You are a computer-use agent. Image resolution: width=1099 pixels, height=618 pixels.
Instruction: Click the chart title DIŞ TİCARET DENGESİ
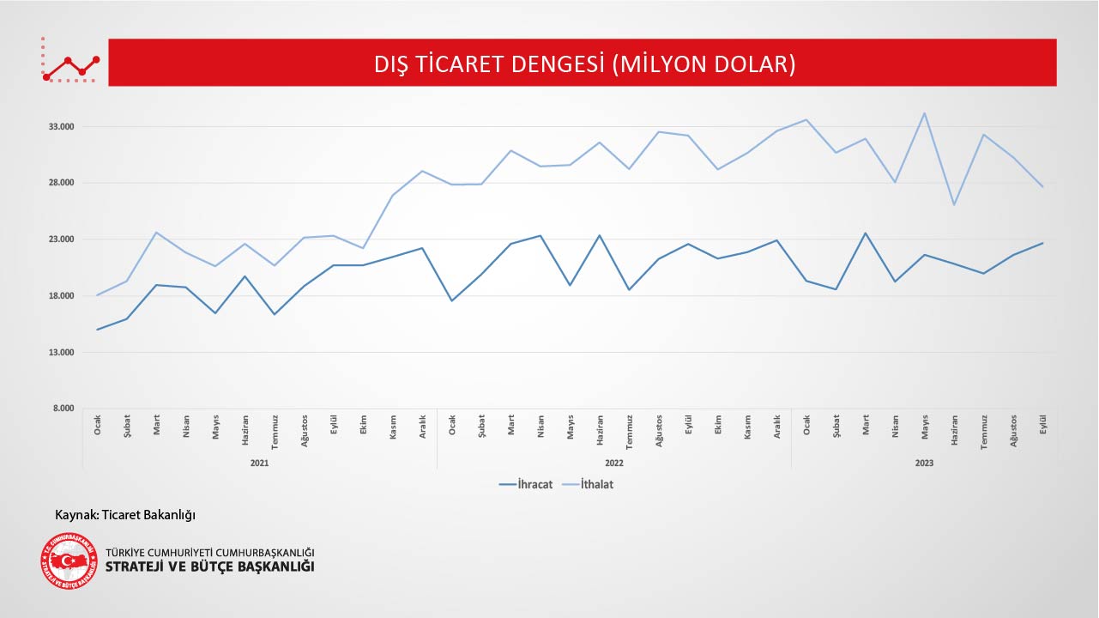coord(584,64)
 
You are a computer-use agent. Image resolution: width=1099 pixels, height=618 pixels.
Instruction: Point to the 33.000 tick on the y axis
coord(61,126)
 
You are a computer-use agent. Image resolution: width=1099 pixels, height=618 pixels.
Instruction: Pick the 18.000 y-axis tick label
coord(61,296)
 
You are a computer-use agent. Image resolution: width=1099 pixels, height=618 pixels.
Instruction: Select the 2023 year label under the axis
coord(924,463)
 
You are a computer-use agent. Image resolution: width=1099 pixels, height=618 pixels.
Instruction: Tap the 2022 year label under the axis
coord(614,463)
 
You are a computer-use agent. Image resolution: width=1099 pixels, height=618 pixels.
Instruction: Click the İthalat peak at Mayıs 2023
coord(924,113)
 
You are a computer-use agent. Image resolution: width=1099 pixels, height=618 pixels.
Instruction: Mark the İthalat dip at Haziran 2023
coord(954,205)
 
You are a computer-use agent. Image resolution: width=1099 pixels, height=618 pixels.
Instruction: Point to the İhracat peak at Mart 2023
coord(865,233)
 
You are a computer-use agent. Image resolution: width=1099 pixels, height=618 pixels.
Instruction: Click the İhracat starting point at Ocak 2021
coord(98,330)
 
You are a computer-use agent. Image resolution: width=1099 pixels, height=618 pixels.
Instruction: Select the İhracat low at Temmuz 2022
coord(629,290)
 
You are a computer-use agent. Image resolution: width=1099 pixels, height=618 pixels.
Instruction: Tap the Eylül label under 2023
coord(1042,424)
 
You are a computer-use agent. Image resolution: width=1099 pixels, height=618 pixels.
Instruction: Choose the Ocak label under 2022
coord(452,424)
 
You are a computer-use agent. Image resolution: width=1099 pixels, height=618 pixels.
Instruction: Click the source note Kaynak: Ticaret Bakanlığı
coord(125,515)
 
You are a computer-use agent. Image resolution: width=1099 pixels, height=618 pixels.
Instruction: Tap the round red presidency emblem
coord(69,561)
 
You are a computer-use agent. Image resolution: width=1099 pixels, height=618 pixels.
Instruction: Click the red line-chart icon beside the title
coord(71,63)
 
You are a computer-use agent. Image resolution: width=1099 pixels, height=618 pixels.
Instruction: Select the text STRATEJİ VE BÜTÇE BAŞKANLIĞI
coord(209,567)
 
